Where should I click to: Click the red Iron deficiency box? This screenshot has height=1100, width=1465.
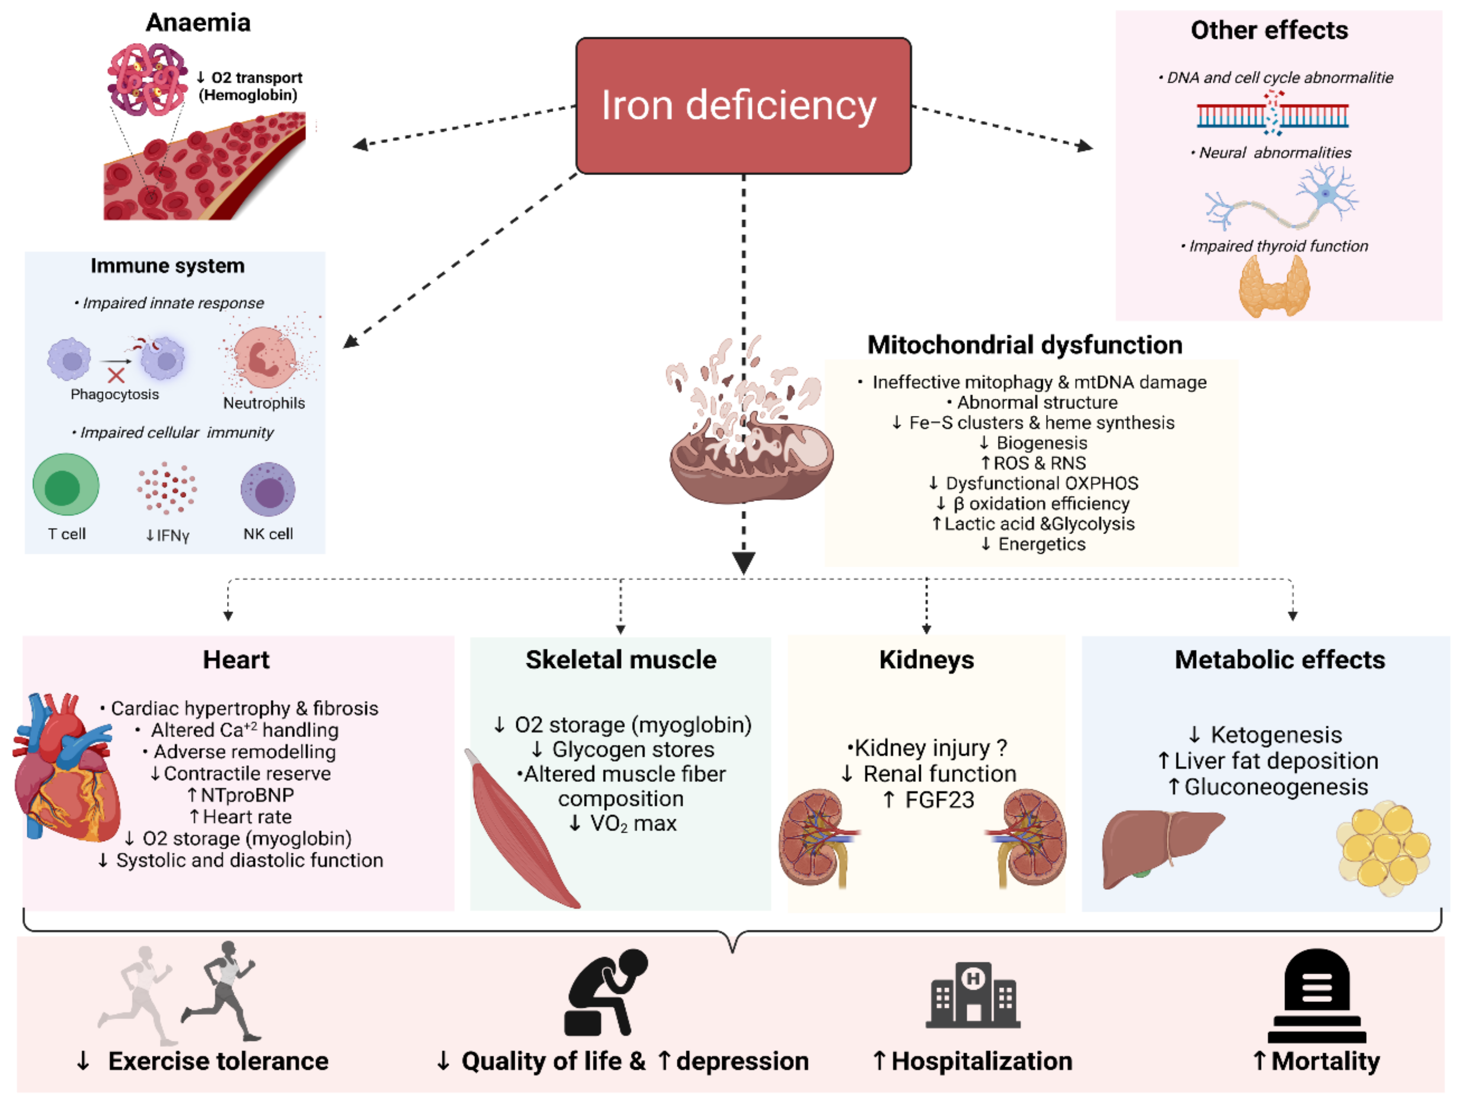(x=743, y=106)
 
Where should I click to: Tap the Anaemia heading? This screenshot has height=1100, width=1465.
(x=198, y=23)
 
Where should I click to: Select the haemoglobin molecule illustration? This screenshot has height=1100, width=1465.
(x=147, y=79)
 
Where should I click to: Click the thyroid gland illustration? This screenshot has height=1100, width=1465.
(x=1274, y=286)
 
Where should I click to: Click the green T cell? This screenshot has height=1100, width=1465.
(x=65, y=484)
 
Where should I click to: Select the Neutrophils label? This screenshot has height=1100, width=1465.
(x=264, y=403)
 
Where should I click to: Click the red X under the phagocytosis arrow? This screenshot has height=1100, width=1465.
(x=116, y=376)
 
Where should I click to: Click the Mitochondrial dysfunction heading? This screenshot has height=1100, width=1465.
(x=1025, y=345)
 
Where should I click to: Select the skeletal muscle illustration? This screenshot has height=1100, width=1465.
(x=521, y=828)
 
